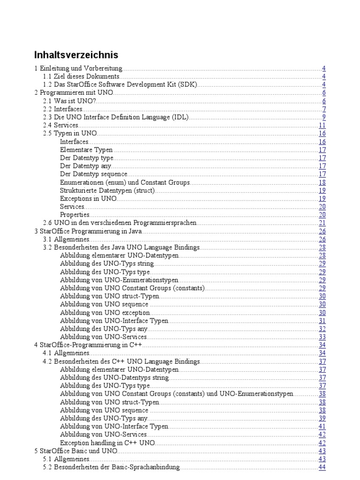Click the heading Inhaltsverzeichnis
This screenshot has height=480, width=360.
pyautogui.click(x=76, y=55)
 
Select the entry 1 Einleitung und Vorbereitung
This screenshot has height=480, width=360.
pyautogui.click(x=78, y=68)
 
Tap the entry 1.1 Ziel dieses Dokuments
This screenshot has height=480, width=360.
pyautogui.click(x=81, y=76)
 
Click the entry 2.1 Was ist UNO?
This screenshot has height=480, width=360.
pyautogui.click(x=69, y=101)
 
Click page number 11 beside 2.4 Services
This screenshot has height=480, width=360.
pyautogui.click(x=322, y=125)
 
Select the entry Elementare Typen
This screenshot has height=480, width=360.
pyautogui.click(x=86, y=150)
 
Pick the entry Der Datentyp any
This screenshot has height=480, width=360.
pyautogui.click(x=85, y=166)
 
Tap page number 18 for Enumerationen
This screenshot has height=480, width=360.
pyautogui.click(x=322, y=182)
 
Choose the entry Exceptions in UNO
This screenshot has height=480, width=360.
pyautogui.click(x=88, y=199)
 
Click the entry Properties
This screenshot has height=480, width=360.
pyautogui.click(x=75, y=215)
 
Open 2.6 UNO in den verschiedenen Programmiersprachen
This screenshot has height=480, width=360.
pyautogui.click(x=120, y=223)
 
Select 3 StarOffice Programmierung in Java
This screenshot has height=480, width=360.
pyautogui.click(x=88, y=231)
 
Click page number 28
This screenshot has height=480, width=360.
pyautogui.click(x=322, y=247)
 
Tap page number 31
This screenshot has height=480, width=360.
pyautogui.click(x=322, y=321)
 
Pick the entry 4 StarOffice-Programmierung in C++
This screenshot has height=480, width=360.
pyautogui.click(x=88, y=345)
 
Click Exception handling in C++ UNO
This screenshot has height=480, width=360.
pyautogui.click(x=107, y=442)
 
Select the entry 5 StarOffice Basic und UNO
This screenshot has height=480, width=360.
pyautogui.click(x=76, y=451)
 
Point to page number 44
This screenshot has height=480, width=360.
pyautogui.click(x=322, y=467)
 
